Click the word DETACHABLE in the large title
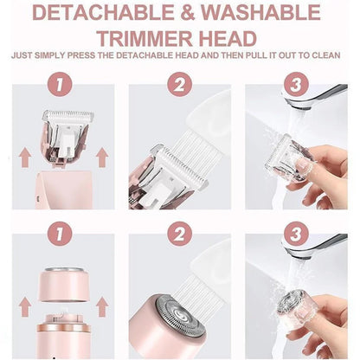pos(103,12)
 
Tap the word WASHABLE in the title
pos(261,12)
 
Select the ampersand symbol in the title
pos(188,12)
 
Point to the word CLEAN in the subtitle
pos(326,55)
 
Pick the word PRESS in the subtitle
pos(81,55)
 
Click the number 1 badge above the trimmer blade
pos(60,84)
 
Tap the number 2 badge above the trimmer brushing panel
pos(179,84)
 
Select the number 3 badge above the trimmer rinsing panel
pos(296,84)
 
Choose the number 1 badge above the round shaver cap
pos(60,234)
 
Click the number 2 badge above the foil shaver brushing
pos(179,234)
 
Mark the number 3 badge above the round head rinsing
pos(296,234)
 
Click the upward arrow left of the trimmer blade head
pos(25,157)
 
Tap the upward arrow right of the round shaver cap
pos(102,307)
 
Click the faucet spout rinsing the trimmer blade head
pos(313,97)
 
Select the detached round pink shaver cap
pos(64,284)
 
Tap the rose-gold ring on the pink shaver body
pos(64,328)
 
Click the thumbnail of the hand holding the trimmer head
pos(304,165)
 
